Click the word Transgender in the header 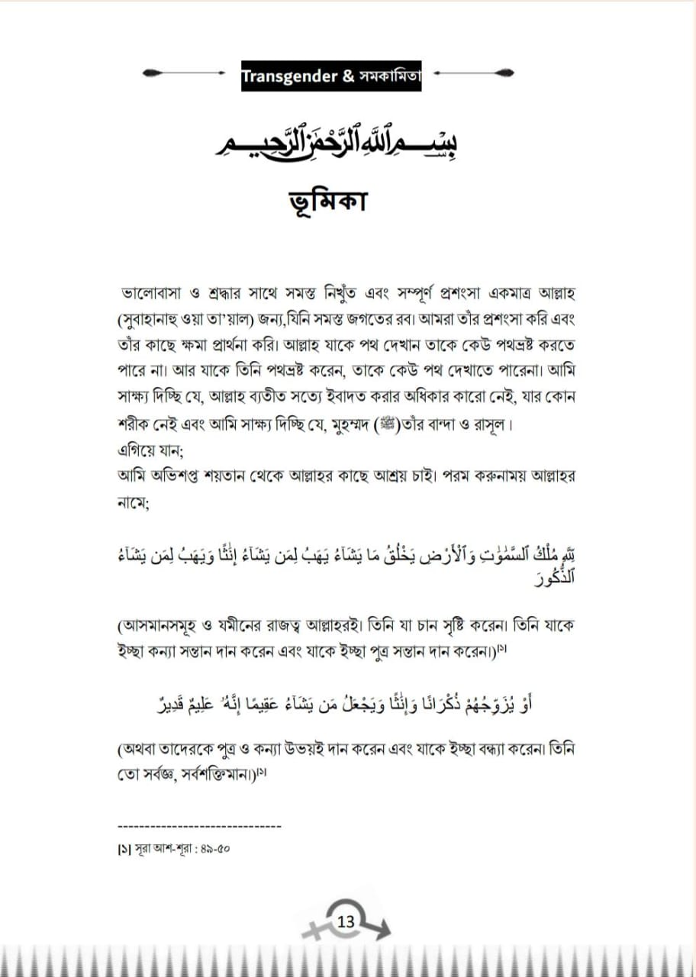[288, 76]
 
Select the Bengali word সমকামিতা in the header [388, 76]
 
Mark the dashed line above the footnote [200, 826]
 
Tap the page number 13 [346, 921]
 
